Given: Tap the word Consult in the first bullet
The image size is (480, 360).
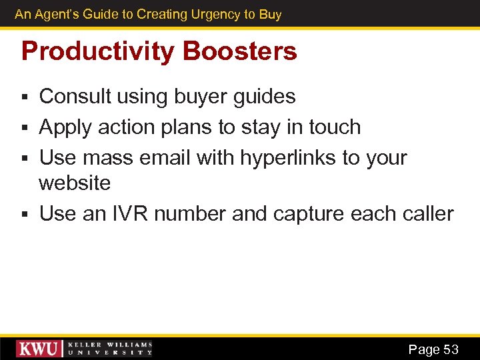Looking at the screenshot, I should click(75, 97).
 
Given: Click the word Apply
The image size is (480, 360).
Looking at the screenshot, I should click(65, 127).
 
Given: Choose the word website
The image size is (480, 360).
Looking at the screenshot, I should click(75, 183).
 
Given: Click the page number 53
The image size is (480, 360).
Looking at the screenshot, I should click(451, 349).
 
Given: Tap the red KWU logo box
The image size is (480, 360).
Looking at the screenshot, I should click(39, 349).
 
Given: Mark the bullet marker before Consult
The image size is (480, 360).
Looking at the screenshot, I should click(25, 98).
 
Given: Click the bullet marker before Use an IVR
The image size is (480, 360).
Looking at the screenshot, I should click(25, 215).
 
